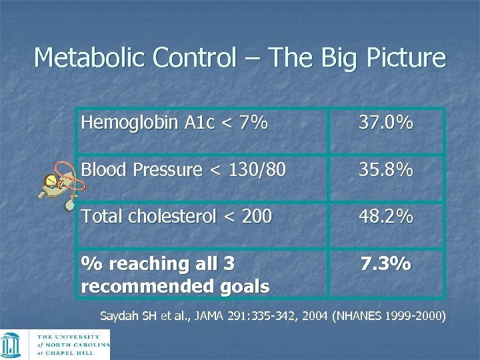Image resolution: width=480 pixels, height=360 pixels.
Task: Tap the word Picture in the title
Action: pos(405,58)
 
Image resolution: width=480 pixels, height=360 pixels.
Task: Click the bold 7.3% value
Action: pos(385,264)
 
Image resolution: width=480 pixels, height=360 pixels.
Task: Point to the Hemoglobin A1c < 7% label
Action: pos(173,123)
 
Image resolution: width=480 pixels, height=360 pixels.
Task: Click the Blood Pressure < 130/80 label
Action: pos(183,171)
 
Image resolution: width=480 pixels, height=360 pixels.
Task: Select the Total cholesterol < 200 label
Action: pos(176,217)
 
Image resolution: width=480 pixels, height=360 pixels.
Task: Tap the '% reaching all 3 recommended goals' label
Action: pos(175,275)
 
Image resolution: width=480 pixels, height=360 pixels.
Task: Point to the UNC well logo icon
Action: pos(13,345)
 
